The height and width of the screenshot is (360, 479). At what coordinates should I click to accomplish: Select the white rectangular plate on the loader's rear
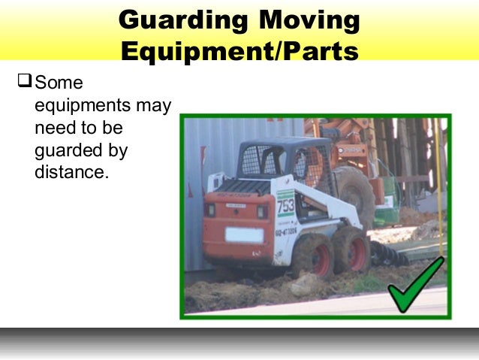[x=243, y=234]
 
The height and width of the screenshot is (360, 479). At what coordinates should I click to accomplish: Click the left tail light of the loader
[x=212, y=210]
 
